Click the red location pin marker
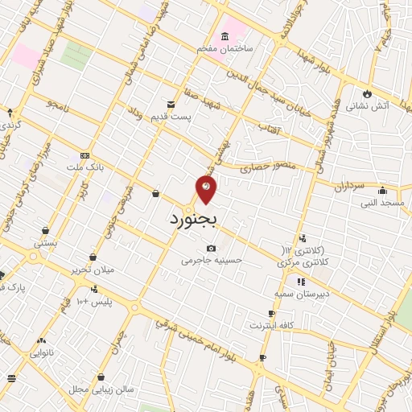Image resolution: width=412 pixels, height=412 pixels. coord(206,188)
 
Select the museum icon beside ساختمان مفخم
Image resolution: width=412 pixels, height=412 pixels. coord(225,36)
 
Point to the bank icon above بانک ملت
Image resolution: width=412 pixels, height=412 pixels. coord(85,156)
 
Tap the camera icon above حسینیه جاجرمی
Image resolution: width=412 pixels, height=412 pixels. coord(211,249)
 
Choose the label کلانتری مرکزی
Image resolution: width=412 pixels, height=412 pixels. coord(300,262)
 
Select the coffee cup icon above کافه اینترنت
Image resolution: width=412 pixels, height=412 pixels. coord(271,314)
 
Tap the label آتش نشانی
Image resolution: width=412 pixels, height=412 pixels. coord(368,105)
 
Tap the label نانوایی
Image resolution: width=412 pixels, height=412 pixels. coord(43,352)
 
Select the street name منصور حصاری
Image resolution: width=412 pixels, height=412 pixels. coord(266,167)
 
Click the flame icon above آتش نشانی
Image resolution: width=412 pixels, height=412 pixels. coord(369,92)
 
